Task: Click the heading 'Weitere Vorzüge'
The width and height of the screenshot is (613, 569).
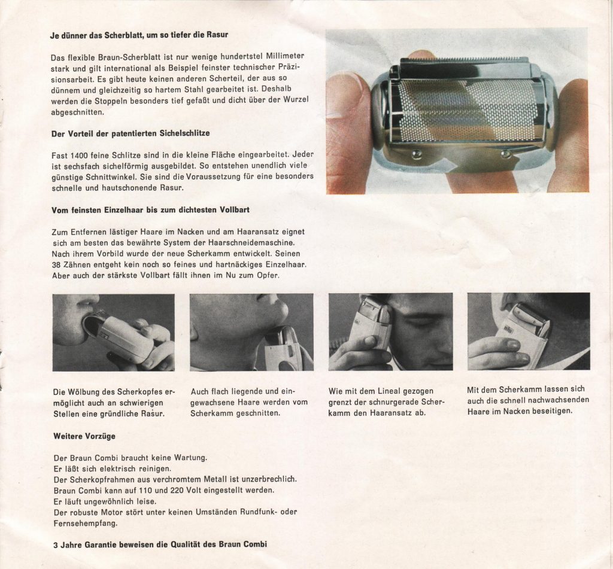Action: pos(84,436)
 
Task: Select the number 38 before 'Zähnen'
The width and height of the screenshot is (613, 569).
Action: pos(56,264)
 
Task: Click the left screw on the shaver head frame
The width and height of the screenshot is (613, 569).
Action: pos(417,154)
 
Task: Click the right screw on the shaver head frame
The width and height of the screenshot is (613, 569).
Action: pos(506,154)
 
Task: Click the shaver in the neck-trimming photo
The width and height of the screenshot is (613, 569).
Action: pos(522,333)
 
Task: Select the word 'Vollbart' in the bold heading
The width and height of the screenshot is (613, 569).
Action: pos(235,210)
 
